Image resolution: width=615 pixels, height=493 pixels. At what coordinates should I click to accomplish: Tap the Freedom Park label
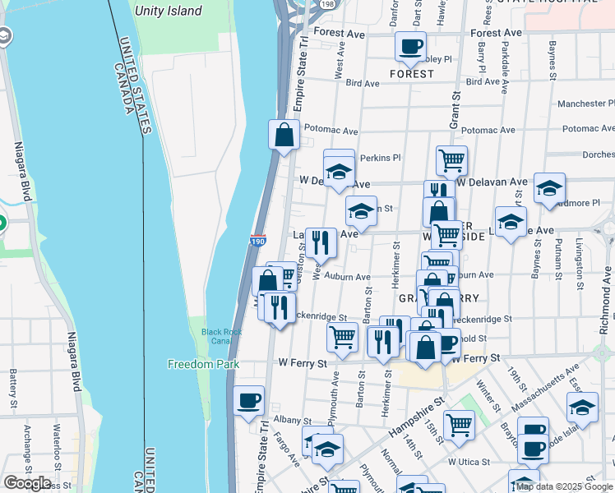(x=203, y=363)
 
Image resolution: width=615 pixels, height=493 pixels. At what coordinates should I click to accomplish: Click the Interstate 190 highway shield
(x=258, y=241)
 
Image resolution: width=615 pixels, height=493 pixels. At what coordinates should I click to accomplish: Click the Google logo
(x=26, y=483)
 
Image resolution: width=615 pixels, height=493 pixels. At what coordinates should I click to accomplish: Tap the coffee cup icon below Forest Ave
(x=410, y=46)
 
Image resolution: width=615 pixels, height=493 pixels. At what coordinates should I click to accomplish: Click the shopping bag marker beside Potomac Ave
(x=284, y=136)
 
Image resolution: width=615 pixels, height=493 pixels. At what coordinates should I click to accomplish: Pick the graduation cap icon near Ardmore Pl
(x=549, y=188)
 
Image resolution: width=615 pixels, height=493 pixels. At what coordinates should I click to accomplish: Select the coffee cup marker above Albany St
(x=248, y=401)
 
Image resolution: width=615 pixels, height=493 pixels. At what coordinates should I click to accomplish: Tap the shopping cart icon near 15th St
(x=459, y=425)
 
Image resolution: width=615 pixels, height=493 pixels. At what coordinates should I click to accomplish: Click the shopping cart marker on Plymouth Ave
(x=342, y=335)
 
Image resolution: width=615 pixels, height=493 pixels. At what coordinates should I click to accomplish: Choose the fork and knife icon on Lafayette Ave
(x=321, y=242)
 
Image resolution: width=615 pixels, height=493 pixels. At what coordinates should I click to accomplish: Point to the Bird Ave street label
(x=363, y=83)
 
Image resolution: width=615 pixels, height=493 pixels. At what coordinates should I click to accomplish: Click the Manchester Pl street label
(x=585, y=104)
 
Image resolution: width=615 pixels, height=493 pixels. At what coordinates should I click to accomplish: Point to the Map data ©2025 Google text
(x=564, y=486)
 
